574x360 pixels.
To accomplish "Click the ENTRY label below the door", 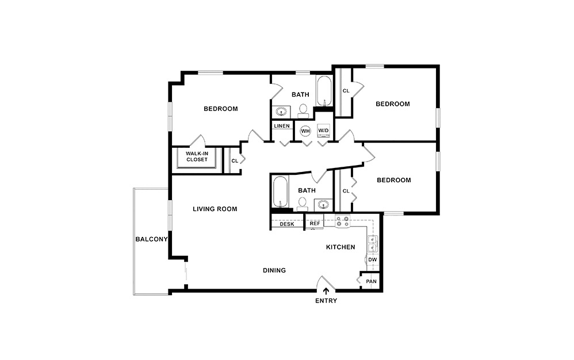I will click(326, 301).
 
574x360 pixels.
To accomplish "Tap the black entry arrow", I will click(326, 292).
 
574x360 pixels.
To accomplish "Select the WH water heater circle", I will click(305, 131).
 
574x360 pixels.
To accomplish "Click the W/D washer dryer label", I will click(323, 131).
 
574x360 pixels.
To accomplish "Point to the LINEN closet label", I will click(281, 126).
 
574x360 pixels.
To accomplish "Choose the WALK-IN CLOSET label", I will click(197, 156).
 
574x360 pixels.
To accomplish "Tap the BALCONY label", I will click(151, 239).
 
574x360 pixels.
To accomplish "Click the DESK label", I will click(287, 224).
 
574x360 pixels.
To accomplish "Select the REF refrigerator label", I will click(315, 224).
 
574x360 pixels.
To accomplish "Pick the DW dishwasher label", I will click(373, 260).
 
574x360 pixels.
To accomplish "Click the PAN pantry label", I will click(371, 281).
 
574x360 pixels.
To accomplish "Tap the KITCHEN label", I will click(340, 247).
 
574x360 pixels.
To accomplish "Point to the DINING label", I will click(274, 270).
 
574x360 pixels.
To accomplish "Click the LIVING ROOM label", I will click(215, 209).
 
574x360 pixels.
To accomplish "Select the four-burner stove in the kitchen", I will click(343, 221).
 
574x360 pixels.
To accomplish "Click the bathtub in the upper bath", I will click(324, 92).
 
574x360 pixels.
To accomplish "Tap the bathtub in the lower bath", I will click(280, 192).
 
